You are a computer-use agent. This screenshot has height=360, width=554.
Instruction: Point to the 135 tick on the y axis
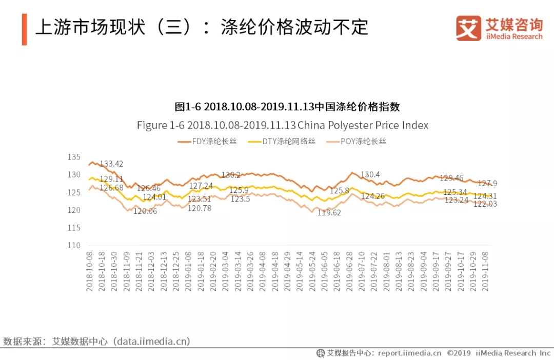click(x=74, y=157)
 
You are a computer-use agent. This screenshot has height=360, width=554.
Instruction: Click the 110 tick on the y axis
click(x=74, y=245)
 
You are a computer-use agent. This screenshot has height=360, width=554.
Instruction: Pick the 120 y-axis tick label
click(x=74, y=210)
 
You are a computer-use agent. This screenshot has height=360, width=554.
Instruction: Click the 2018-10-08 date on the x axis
click(x=90, y=272)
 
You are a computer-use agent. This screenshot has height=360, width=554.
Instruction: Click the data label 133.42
click(x=111, y=164)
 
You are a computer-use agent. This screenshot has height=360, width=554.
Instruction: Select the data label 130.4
click(x=370, y=175)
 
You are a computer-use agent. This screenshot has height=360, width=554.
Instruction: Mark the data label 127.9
click(x=487, y=184)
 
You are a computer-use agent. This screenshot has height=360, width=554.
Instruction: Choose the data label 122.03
click(x=485, y=204)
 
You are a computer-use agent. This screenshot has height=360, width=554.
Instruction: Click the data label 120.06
click(x=145, y=211)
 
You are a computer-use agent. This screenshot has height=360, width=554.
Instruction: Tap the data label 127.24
click(x=201, y=186)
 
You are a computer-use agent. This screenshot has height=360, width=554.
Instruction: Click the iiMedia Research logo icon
click(x=468, y=28)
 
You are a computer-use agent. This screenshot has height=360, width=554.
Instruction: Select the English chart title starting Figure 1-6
click(x=282, y=126)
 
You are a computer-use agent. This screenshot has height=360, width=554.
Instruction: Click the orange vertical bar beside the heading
click(x=24, y=29)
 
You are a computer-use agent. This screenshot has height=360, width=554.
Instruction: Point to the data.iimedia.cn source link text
click(x=151, y=341)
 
